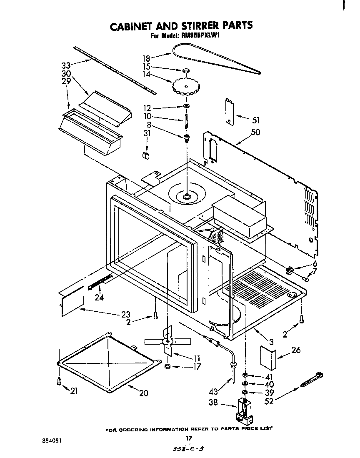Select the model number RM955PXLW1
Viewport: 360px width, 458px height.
coord(200,36)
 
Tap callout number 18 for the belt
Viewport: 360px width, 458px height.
coord(146,59)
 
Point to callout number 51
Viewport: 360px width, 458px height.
coord(256,120)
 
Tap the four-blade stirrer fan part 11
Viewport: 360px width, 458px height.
coord(166,341)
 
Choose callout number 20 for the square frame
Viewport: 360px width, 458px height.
coord(143,393)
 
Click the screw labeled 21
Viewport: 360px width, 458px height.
coord(59,380)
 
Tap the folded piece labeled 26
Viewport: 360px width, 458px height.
coord(267,357)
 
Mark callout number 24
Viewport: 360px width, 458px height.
coord(99,298)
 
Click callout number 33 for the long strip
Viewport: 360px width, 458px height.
coord(66,65)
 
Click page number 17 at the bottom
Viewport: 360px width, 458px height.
coord(189,438)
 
